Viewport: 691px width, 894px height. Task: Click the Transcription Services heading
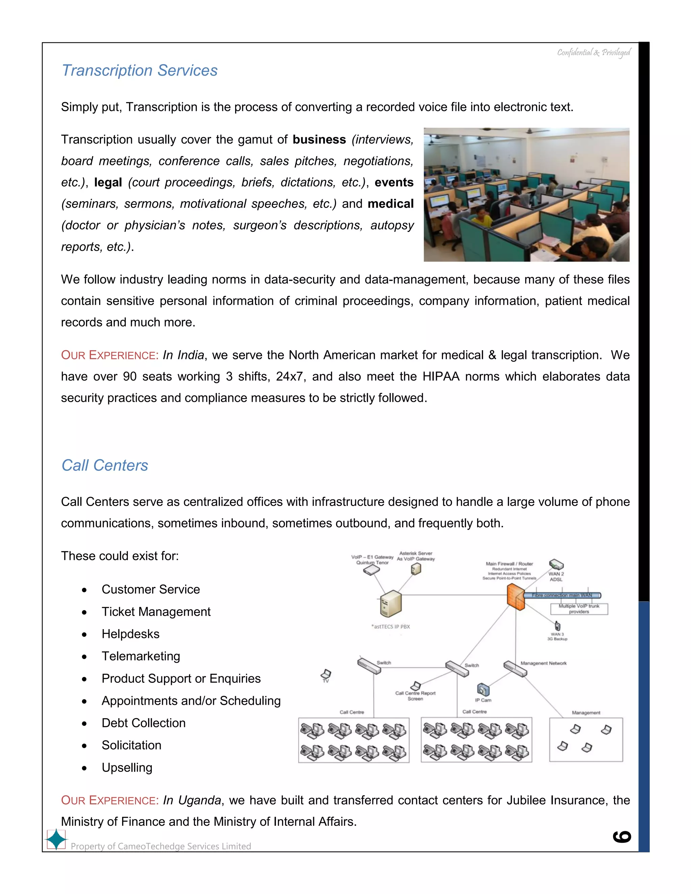(x=139, y=71)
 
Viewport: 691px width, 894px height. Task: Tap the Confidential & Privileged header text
(x=593, y=52)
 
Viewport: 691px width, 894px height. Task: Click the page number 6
(x=621, y=837)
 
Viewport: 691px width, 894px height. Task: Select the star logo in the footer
(x=56, y=839)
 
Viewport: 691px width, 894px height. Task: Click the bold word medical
(x=390, y=204)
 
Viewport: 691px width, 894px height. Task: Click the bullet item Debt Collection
(x=143, y=723)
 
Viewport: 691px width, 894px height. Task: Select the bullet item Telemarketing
(x=140, y=656)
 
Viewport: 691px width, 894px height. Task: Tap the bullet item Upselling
(x=127, y=767)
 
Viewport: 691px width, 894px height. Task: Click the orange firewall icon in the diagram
(x=516, y=597)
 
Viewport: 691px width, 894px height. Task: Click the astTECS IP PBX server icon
(x=390, y=604)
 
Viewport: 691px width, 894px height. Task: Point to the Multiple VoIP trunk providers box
(x=579, y=609)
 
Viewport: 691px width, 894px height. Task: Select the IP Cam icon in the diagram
(x=483, y=690)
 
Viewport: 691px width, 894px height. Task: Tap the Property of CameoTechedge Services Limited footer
(x=161, y=846)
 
